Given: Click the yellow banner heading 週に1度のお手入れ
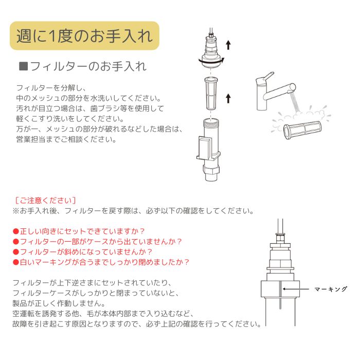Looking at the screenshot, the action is (84, 36).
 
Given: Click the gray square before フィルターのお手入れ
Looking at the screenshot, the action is (24, 66).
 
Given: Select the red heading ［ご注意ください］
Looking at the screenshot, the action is (45, 201).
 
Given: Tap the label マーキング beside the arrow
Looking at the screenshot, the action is (330, 289).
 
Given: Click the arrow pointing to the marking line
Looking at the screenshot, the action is (296, 289).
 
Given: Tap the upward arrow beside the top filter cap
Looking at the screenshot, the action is (228, 45).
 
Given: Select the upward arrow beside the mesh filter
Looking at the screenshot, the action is (228, 98).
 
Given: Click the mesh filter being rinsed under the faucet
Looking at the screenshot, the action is (302, 131).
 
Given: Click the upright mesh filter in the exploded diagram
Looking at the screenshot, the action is (211, 94).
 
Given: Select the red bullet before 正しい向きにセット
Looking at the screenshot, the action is (16, 231).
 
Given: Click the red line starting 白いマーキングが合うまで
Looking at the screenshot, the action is (101, 262).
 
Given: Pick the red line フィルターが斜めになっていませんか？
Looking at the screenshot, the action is (83, 252).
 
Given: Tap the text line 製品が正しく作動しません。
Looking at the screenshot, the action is (59, 303).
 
